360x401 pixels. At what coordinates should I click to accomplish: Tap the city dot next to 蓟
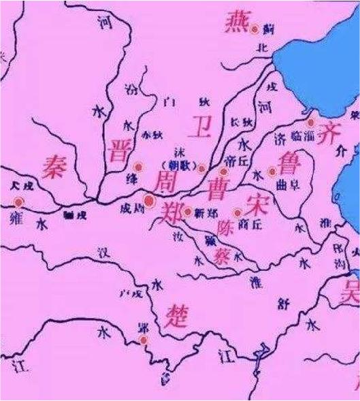(x=255, y=29)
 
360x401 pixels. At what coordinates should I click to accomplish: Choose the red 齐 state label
(x=333, y=127)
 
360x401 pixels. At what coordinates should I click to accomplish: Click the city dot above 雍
(x=18, y=202)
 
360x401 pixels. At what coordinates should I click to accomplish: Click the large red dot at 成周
(x=148, y=201)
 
